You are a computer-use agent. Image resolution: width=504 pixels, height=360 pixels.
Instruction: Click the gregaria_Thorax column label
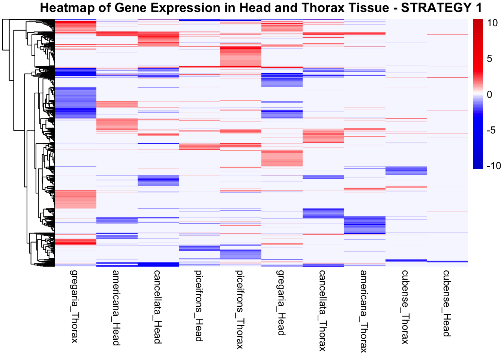pyautogui.click(x=75, y=306)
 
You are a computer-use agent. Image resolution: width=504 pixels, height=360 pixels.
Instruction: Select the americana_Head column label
pyautogui.click(x=116, y=307)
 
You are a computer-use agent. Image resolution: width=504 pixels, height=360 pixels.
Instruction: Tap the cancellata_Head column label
pyautogui.click(x=157, y=306)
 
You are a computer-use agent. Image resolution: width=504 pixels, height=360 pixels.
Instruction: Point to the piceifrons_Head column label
pyautogui.click(x=199, y=306)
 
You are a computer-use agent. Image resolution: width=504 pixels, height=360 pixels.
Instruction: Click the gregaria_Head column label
pyautogui.click(x=281, y=302)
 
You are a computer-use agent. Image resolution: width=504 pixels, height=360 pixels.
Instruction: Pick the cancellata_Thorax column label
pyautogui.click(x=322, y=310)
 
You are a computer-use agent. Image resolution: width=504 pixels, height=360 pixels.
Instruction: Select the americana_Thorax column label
pyautogui.click(x=364, y=311)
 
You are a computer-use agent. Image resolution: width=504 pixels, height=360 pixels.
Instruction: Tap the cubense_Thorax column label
pyautogui.click(x=405, y=306)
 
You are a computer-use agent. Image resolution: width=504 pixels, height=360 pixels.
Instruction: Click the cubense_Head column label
pyautogui.click(x=446, y=303)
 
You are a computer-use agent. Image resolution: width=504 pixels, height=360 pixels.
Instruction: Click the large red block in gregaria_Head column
pyautogui.click(x=282, y=158)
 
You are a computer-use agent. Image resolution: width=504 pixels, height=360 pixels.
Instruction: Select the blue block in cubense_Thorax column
pyautogui.click(x=406, y=171)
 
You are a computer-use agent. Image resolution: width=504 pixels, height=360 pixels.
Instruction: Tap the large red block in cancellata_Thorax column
pyautogui.click(x=323, y=136)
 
